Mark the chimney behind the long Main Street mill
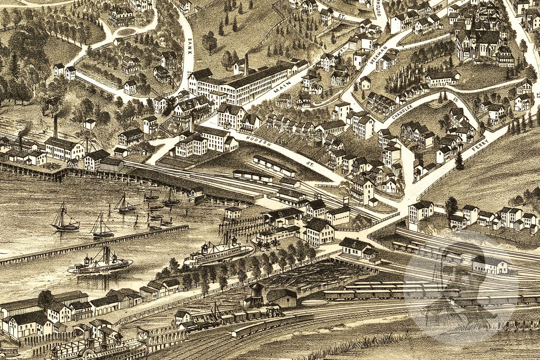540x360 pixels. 246,64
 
